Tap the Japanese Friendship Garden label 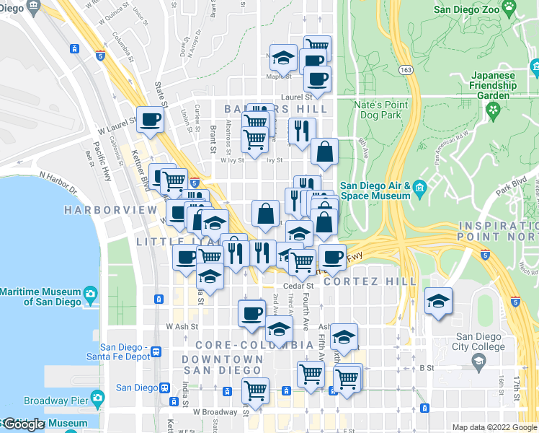[x=494, y=85]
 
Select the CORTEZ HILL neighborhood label [x=370, y=281]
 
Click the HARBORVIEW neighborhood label [x=110, y=209]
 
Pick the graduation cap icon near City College [x=437, y=302]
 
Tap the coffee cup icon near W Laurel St [x=150, y=119]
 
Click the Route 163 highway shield [x=406, y=69]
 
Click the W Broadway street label [x=215, y=412]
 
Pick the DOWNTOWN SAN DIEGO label [x=222, y=364]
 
